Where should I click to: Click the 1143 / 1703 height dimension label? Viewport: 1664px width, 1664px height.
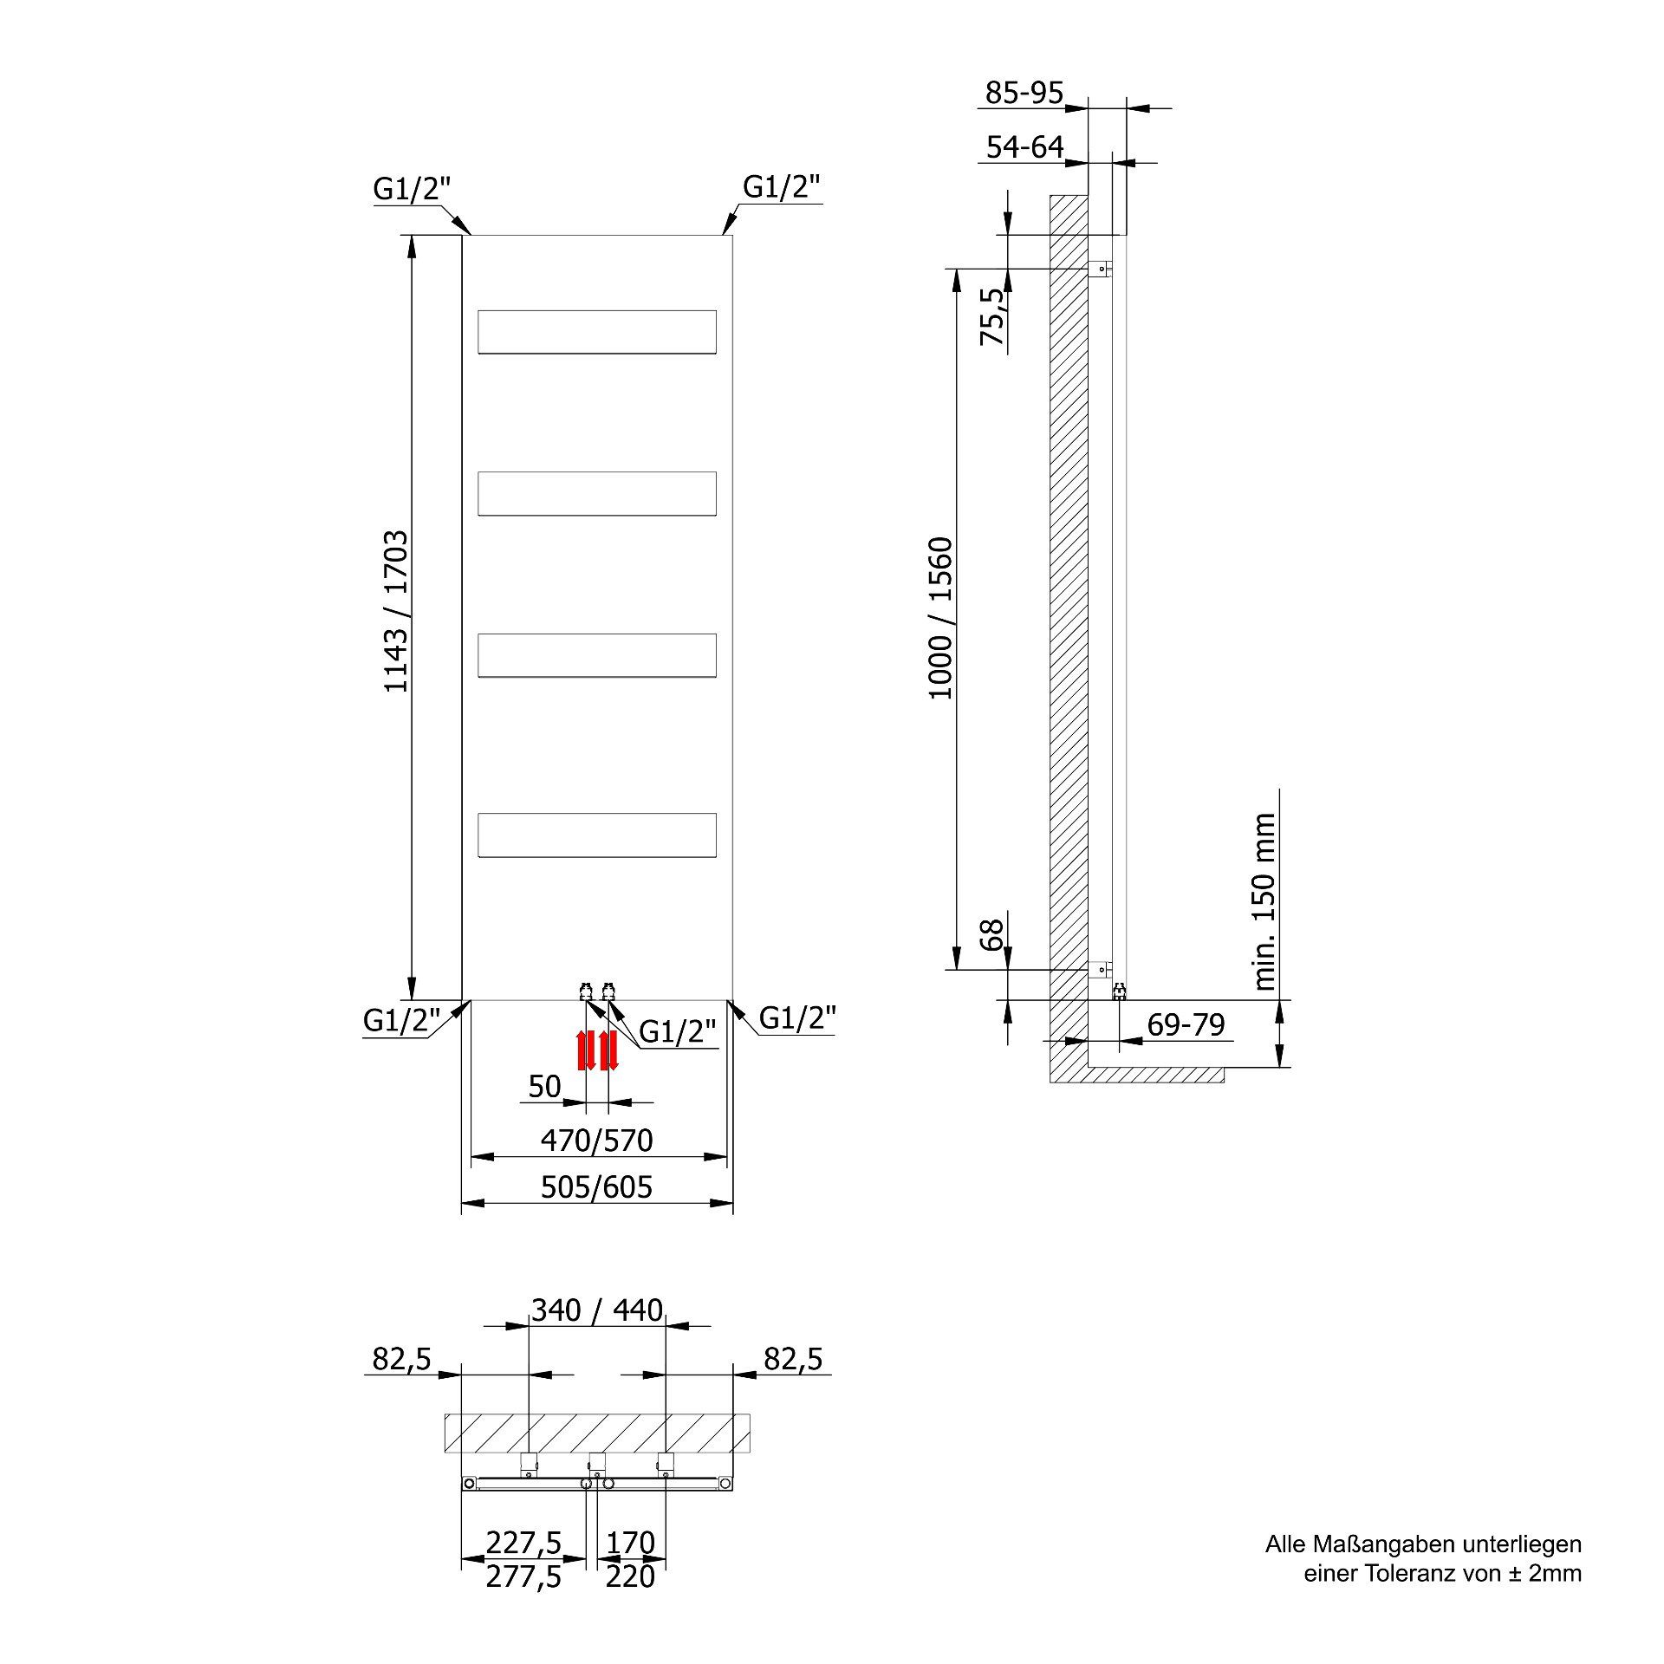(x=396, y=611)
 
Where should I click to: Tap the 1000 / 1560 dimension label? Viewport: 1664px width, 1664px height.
(x=940, y=618)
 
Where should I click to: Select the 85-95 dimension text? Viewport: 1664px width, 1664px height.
(x=1024, y=93)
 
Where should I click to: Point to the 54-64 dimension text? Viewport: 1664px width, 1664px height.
(x=1024, y=146)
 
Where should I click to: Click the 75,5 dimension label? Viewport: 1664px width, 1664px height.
(x=994, y=316)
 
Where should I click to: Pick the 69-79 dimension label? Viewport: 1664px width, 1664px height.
(x=1186, y=1025)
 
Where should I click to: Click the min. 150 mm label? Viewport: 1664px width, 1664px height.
(x=1264, y=901)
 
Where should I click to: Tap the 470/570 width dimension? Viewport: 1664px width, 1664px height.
(x=596, y=1141)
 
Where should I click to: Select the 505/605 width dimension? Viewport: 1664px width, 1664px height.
(x=596, y=1186)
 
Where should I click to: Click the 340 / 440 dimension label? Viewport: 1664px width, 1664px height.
(x=597, y=1310)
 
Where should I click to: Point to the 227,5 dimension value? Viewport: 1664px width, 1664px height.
(x=523, y=1543)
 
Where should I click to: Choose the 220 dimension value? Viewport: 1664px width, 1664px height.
(x=630, y=1576)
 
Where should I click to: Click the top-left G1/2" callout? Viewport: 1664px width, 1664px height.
(x=413, y=189)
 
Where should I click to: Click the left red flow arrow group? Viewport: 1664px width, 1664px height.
(x=587, y=1050)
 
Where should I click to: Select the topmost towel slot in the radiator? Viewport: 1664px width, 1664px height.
(x=597, y=332)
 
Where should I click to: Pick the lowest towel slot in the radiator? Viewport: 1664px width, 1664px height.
(x=597, y=835)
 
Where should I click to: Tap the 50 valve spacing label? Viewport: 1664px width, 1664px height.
(x=544, y=1086)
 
